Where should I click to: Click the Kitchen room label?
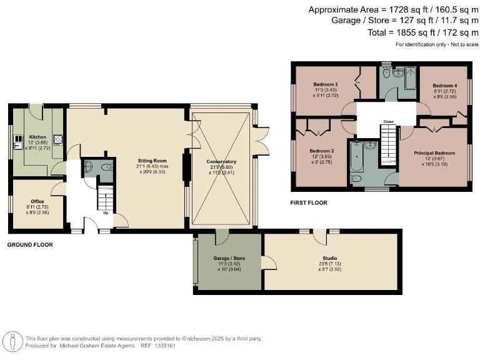click(37, 136)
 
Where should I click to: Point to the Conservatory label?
click(222, 161)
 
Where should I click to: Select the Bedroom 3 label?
click(326, 85)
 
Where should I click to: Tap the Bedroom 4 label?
click(445, 85)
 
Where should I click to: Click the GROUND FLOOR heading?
click(30, 245)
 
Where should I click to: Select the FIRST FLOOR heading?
click(309, 202)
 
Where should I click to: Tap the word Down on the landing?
click(388, 122)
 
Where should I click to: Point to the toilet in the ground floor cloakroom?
click(88, 167)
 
